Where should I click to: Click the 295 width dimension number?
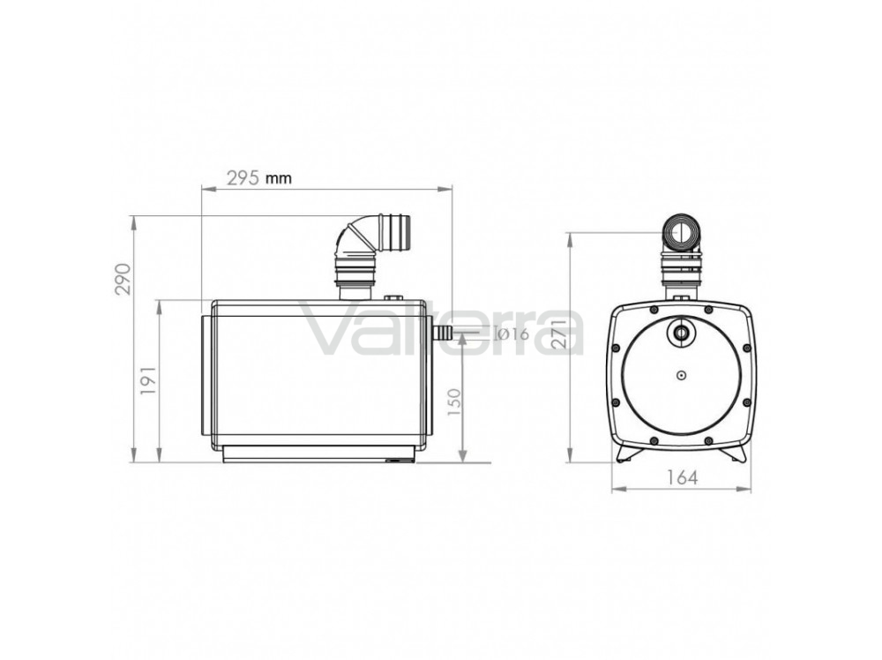click(x=243, y=178)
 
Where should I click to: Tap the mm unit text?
click(x=279, y=179)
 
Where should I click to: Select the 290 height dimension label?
click(x=123, y=279)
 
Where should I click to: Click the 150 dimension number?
click(x=453, y=401)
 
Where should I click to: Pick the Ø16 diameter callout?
click(x=512, y=334)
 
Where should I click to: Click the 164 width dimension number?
click(x=682, y=477)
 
